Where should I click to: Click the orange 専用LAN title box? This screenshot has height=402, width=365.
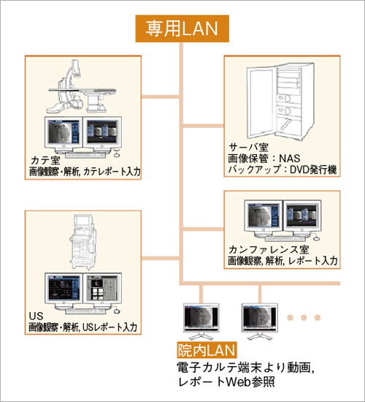click(x=182, y=29)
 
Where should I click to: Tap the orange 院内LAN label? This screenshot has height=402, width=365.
click(x=207, y=350)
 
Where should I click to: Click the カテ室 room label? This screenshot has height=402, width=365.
click(x=45, y=160)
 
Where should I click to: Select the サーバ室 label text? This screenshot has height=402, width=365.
click(x=248, y=147)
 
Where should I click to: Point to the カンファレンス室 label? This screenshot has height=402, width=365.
click(x=269, y=249)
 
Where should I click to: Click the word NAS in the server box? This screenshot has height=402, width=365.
click(x=289, y=159)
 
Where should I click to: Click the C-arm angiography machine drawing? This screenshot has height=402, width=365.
click(x=82, y=87)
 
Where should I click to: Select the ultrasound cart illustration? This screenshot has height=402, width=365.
click(x=82, y=242)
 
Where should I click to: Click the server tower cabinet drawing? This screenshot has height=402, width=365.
click(x=280, y=102)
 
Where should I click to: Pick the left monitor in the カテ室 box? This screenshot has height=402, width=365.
click(x=63, y=134)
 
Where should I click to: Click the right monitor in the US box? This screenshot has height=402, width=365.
click(x=102, y=290)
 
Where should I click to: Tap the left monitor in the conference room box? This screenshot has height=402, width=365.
click(x=264, y=218)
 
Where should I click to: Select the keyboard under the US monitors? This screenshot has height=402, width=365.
click(x=85, y=311)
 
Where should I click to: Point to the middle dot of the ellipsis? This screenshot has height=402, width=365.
click(x=304, y=317)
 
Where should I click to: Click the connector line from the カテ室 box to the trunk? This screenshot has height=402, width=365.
click(x=161, y=96)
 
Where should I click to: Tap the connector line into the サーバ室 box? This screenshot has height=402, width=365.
click(x=204, y=126)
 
